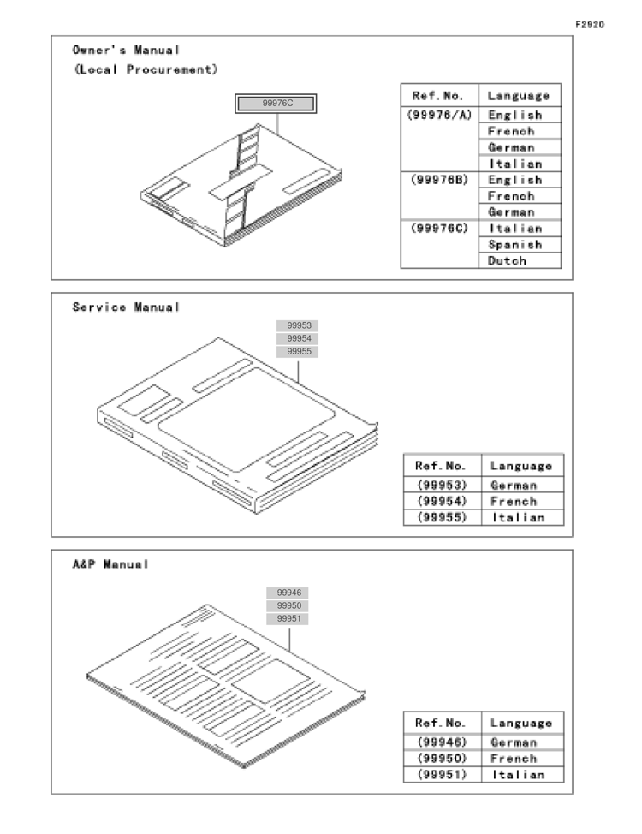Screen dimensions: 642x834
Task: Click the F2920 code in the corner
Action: coord(589,25)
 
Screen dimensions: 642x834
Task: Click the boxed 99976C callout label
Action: coord(276,104)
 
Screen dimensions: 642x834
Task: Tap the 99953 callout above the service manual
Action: coord(297,325)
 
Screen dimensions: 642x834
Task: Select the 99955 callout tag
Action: coord(297,352)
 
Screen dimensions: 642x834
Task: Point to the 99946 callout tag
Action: coord(288,593)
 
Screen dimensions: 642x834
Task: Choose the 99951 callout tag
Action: coord(288,618)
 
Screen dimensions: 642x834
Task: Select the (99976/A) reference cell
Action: coord(439,115)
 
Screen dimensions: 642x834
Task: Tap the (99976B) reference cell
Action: coord(439,180)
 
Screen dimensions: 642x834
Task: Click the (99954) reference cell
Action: coord(442,501)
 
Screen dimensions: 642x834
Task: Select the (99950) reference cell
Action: coord(442,758)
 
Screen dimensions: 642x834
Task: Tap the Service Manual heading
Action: coord(126,307)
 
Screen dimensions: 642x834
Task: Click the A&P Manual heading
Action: coord(110,563)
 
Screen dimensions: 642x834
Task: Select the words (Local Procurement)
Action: coord(146,69)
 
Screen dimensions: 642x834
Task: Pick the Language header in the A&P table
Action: coord(521,723)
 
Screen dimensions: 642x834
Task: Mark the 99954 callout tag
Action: coord(297,338)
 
